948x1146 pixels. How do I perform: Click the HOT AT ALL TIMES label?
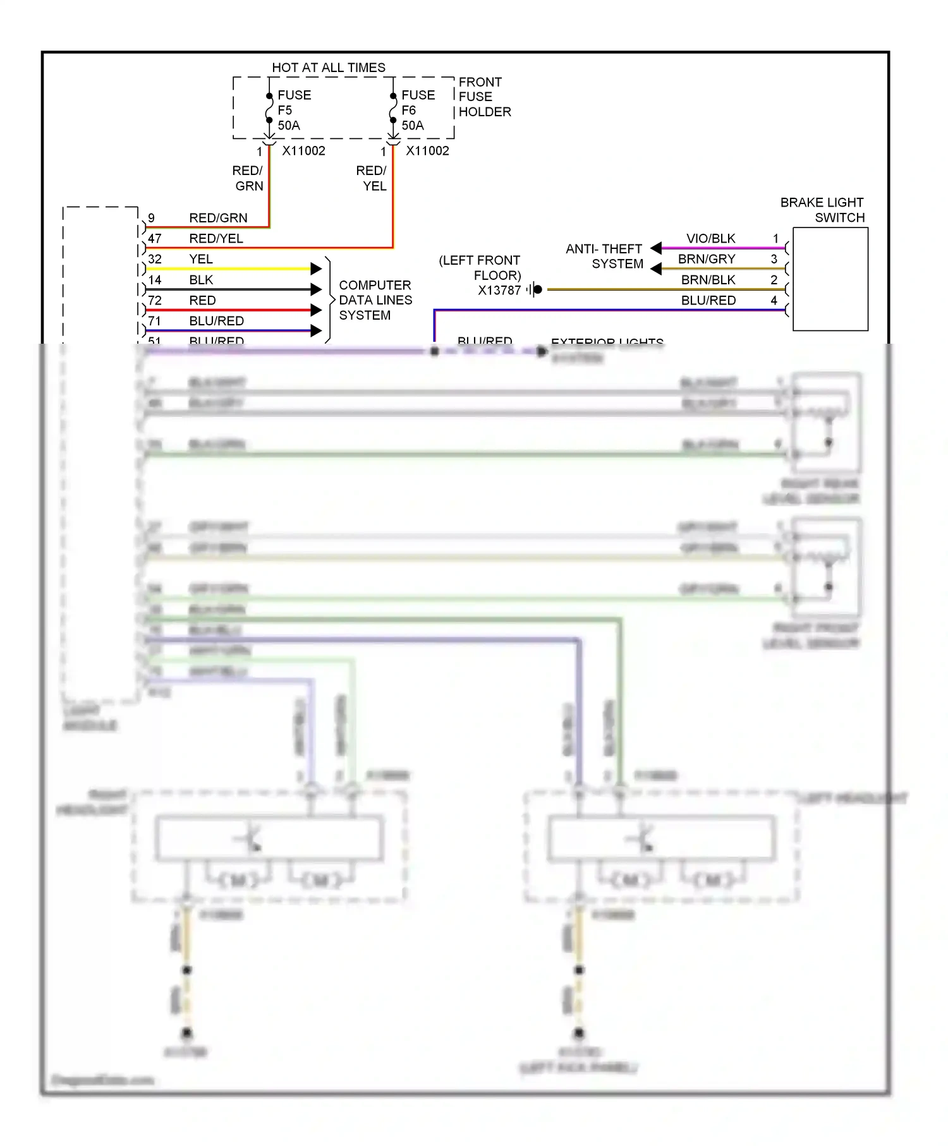click(328, 68)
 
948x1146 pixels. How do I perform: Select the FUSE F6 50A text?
click(417, 110)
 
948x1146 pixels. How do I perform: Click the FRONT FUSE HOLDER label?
click(484, 97)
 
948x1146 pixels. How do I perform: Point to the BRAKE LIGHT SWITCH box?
click(830, 279)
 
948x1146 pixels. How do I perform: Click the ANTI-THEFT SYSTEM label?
click(604, 256)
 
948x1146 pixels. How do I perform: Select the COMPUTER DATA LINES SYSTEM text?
click(375, 300)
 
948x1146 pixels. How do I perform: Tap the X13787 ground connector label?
click(499, 291)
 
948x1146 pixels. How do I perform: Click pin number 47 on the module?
click(155, 238)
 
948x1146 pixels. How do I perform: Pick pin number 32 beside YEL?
click(155, 259)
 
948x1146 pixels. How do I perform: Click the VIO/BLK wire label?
click(710, 238)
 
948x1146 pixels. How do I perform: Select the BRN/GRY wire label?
click(707, 259)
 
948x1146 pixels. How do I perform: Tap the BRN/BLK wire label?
click(708, 279)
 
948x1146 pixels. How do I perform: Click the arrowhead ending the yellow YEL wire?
click(317, 268)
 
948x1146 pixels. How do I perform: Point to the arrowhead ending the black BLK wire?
click(317, 289)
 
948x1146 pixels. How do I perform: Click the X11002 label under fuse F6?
click(427, 151)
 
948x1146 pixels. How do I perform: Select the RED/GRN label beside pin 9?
click(218, 218)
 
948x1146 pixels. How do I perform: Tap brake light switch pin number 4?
click(774, 300)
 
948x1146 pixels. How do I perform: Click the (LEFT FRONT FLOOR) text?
click(480, 268)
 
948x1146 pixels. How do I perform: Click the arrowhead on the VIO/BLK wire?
click(656, 248)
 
